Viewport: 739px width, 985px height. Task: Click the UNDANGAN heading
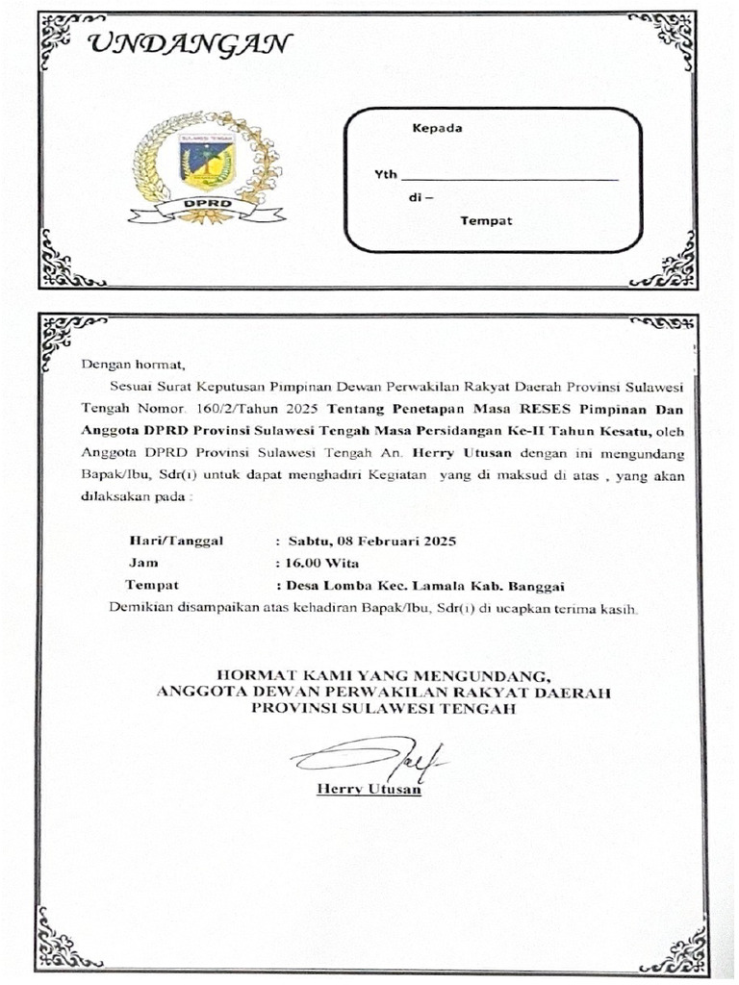point(189,44)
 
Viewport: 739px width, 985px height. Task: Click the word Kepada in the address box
point(438,128)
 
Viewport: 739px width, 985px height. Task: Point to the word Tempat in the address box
point(486,221)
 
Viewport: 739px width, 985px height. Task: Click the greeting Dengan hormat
point(131,365)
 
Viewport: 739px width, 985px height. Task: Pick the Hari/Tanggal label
point(175,541)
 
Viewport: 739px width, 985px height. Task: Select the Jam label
point(143,563)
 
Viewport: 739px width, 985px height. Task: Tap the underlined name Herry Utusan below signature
point(369,790)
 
